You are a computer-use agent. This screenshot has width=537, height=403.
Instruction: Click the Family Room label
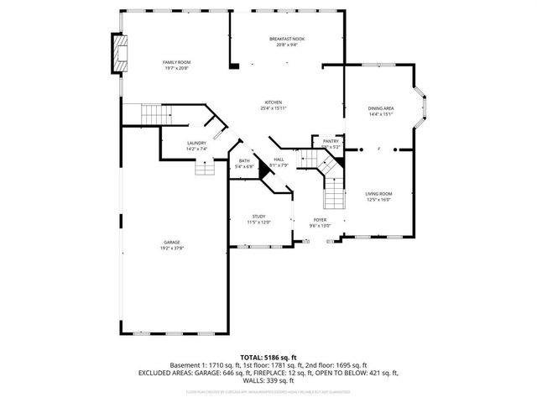[x=176, y=62]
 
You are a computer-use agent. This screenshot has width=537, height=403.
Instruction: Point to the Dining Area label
[x=381, y=108]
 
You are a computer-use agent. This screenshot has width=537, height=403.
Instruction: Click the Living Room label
[x=379, y=194]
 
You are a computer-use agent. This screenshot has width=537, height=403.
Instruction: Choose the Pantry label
[x=331, y=141]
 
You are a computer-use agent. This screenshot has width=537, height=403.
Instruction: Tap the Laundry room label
[x=196, y=144]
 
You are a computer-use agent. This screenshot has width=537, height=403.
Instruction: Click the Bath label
[x=243, y=160]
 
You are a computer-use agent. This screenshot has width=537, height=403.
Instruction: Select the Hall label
[x=279, y=159]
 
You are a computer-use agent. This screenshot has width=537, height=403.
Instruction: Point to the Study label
[x=258, y=217]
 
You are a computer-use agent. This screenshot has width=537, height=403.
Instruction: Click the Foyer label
[x=321, y=219]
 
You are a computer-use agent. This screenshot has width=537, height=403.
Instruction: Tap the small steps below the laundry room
[x=206, y=168]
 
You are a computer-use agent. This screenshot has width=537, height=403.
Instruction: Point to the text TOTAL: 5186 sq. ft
[x=268, y=357]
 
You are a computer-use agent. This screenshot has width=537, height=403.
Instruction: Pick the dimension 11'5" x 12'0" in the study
[x=258, y=222]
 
